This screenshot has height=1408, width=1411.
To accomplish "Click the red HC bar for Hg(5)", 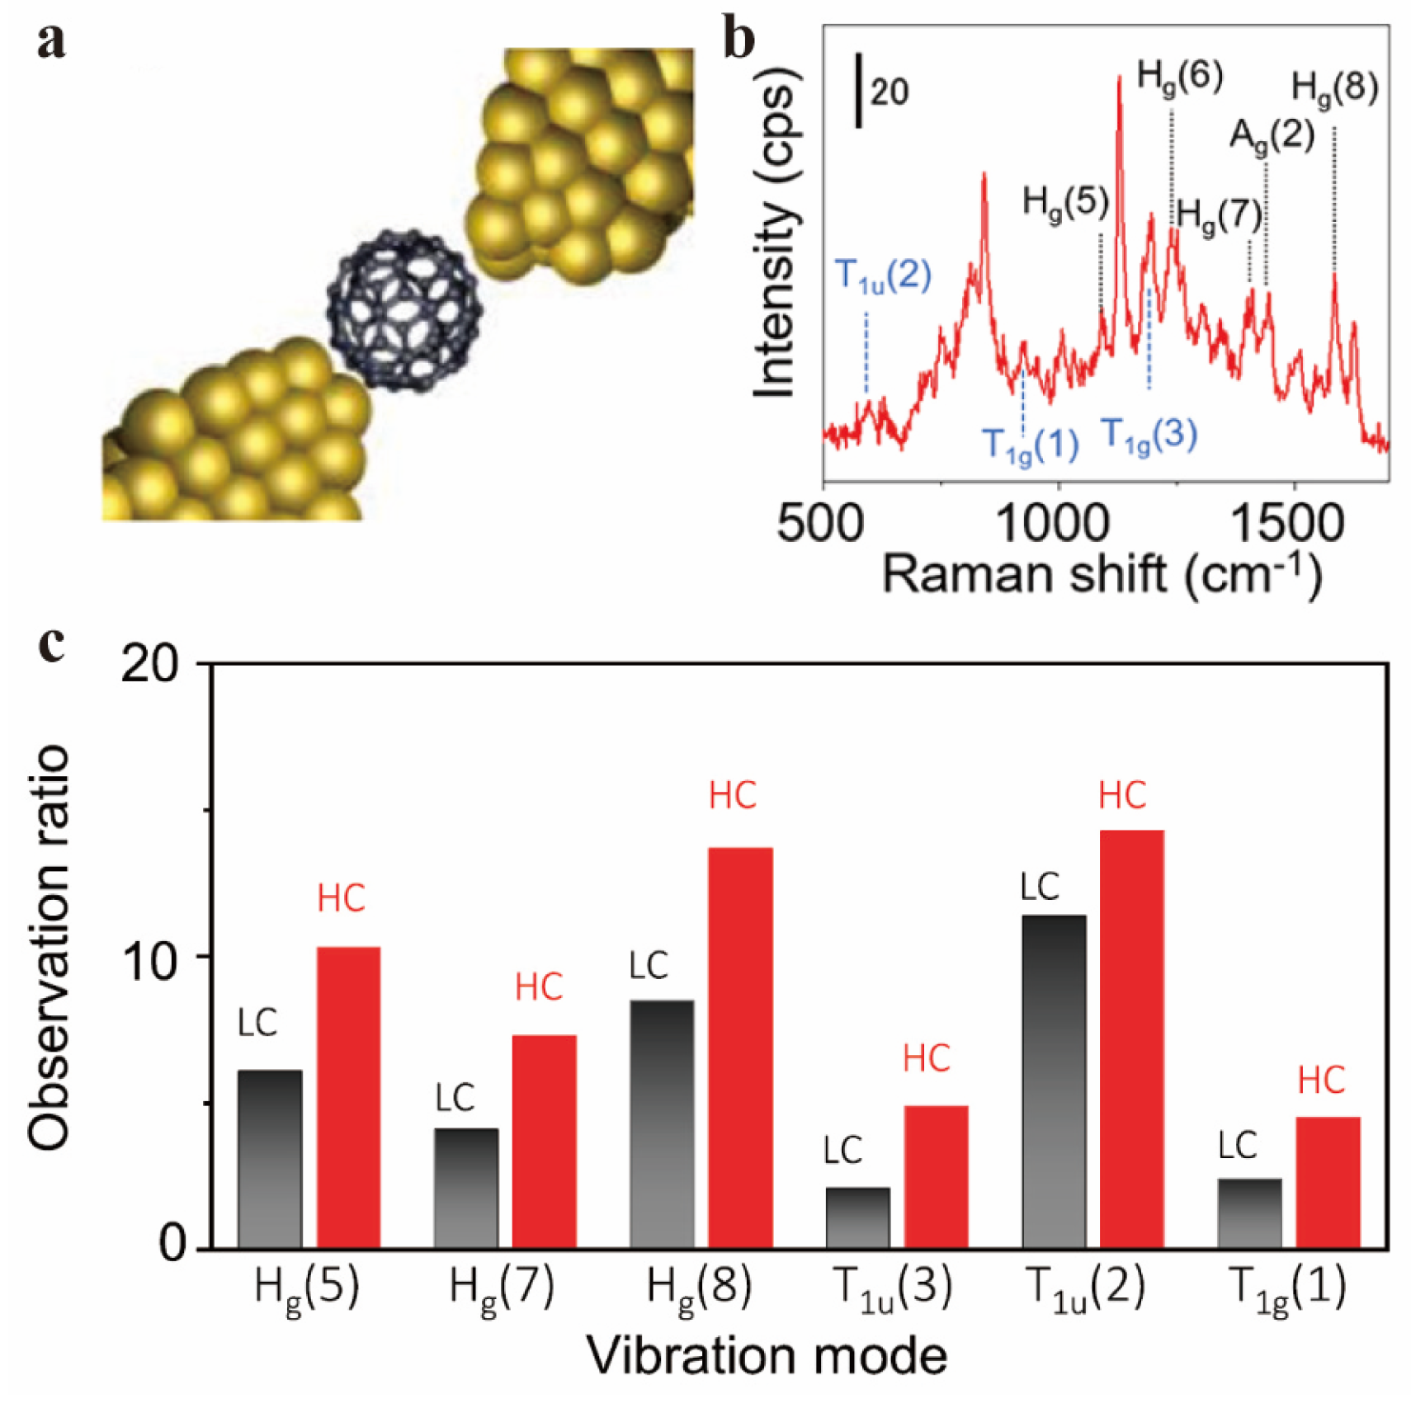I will point(348,1097).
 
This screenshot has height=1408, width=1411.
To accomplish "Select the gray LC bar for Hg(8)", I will point(661,1123).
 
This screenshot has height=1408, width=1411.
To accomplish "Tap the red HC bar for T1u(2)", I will point(1131,1039).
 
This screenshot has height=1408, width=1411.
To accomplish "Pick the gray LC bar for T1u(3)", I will point(857,1217).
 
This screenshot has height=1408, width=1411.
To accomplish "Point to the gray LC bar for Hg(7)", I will point(466,1188).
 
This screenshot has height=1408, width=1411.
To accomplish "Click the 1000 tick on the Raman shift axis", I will point(1057,523).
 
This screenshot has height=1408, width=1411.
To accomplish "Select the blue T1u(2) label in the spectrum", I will point(883,275).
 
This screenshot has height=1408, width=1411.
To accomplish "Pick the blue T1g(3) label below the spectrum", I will point(1149,436).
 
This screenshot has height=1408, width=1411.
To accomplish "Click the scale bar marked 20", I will point(860,91).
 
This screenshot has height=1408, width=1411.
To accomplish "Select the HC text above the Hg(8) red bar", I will point(733,796).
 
